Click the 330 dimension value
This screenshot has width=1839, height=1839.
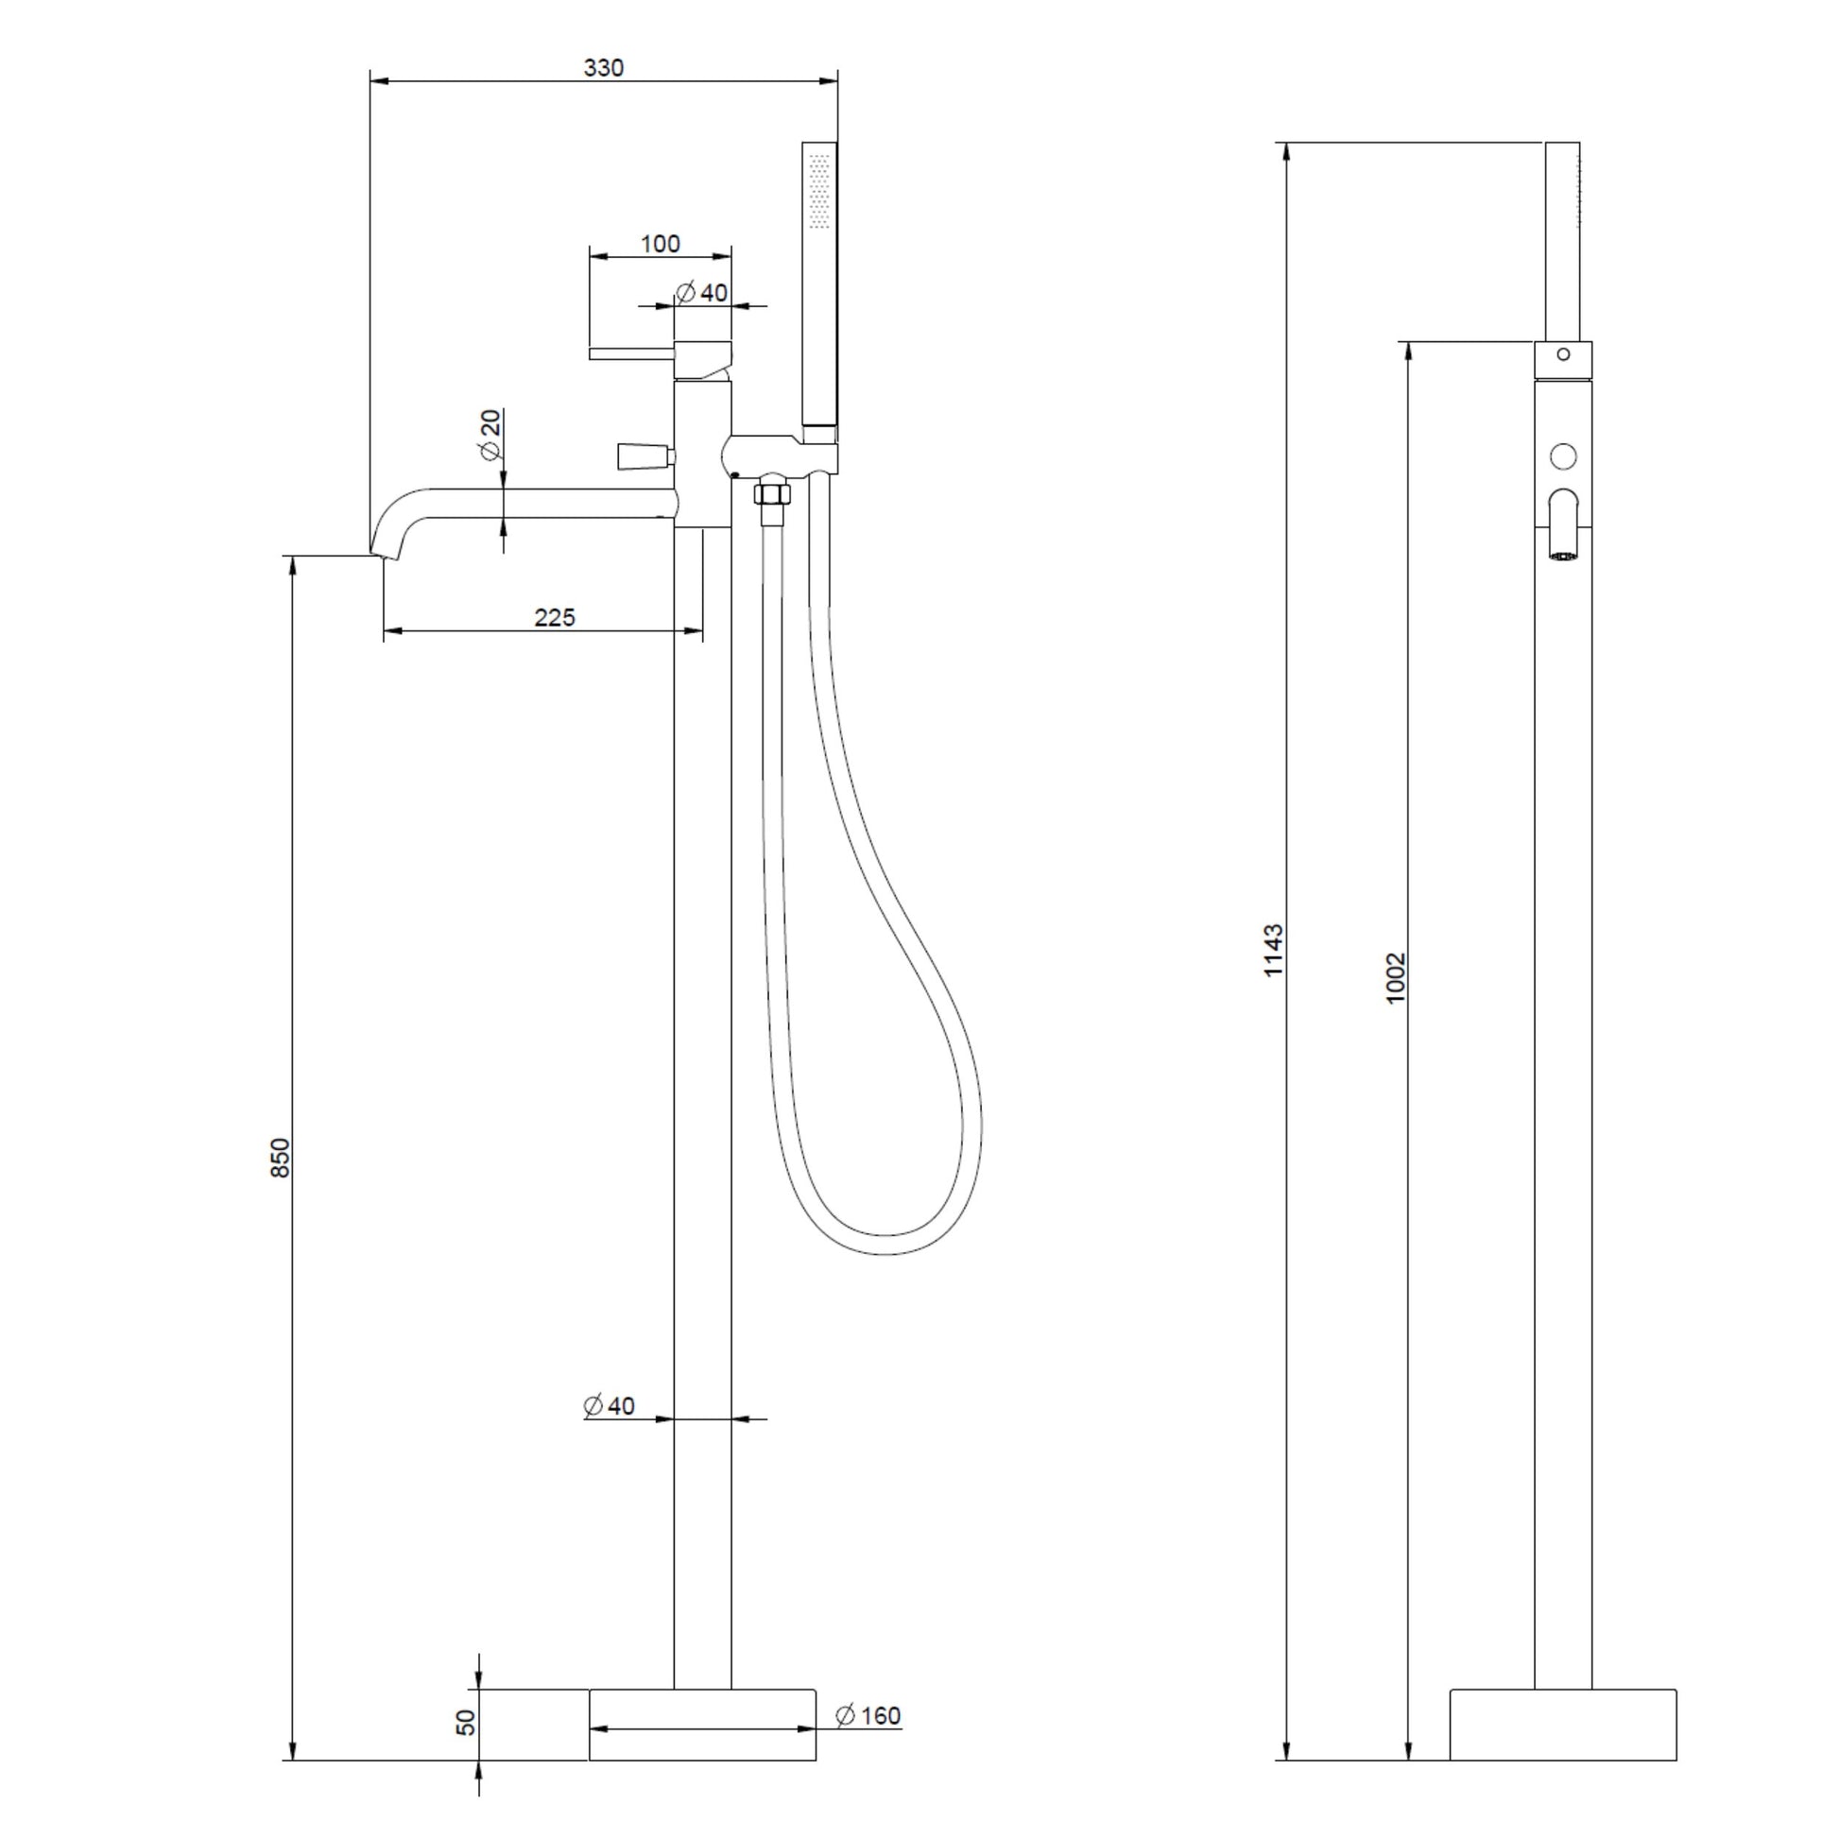point(604,68)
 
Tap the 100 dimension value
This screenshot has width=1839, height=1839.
point(660,244)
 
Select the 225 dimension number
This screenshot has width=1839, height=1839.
point(554,617)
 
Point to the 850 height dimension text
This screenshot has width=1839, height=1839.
point(279,1158)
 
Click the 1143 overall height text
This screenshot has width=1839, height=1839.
point(1274,949)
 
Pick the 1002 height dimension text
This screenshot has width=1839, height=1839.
point(1396,977)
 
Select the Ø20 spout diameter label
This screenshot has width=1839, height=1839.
point(490,435)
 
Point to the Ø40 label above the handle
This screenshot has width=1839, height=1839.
point(701,292)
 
